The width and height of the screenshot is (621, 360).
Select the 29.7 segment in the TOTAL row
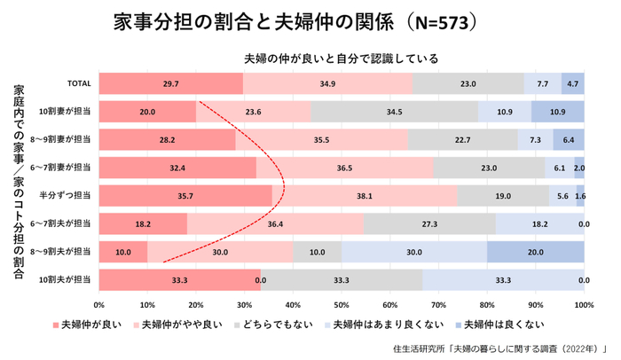(171, 83)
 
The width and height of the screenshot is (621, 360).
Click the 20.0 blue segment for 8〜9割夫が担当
(536, 253)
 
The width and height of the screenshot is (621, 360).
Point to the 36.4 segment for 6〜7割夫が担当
(275, 224)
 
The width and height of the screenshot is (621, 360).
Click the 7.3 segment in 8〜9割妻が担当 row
(535, 140)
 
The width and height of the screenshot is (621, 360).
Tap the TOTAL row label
(80, 83)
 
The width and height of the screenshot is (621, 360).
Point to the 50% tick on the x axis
(342, 304)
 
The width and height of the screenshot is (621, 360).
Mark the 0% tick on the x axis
(99, 304)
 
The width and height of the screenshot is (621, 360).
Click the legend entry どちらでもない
(281, 325)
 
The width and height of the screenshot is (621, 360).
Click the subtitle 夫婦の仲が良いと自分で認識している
(342, 59)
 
